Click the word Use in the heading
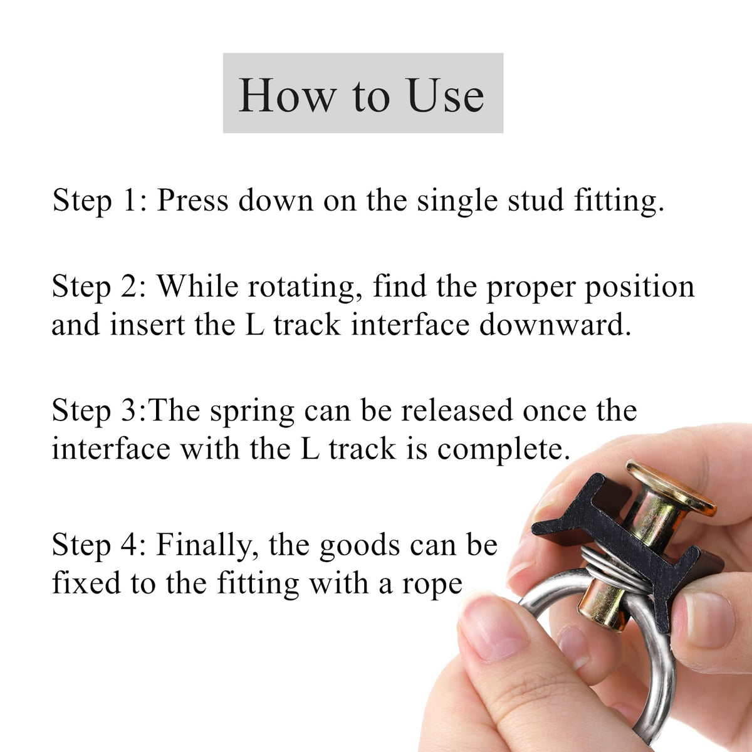click(x=445, y=95)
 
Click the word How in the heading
click(x=287, y=95)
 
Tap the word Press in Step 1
click(x=192, y=200)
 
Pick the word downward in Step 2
click(x=555, y=325)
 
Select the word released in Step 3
click(x=457, y=410)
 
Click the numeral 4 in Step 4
click(x=129, y=545)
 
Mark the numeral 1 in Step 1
click(x=129, y=199)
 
